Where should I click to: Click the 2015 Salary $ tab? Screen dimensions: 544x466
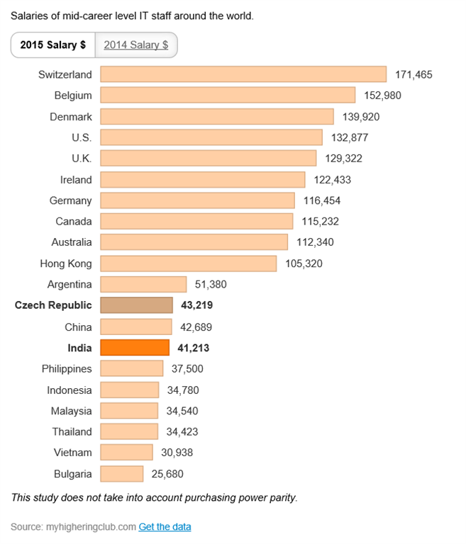52,45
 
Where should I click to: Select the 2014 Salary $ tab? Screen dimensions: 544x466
135,45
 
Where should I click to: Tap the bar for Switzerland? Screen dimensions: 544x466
243,74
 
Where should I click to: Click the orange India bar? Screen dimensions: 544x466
135,347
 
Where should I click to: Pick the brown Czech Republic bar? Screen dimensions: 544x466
136,305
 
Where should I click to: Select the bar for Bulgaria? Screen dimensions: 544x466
122,473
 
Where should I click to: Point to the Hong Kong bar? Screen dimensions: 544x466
188,263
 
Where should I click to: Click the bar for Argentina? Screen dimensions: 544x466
143,284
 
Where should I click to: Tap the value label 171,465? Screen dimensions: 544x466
414,74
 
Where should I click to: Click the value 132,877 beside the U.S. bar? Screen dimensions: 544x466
350,137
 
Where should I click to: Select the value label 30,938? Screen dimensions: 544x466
177,453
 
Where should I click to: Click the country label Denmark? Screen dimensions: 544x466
71,116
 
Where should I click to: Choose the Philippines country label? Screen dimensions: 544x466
67,368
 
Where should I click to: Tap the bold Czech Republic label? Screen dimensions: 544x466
53,305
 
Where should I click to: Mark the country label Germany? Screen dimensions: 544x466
71,200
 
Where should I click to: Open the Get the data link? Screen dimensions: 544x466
165,527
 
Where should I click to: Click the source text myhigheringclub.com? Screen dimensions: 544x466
90,527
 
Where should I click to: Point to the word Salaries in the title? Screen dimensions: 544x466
30,14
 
